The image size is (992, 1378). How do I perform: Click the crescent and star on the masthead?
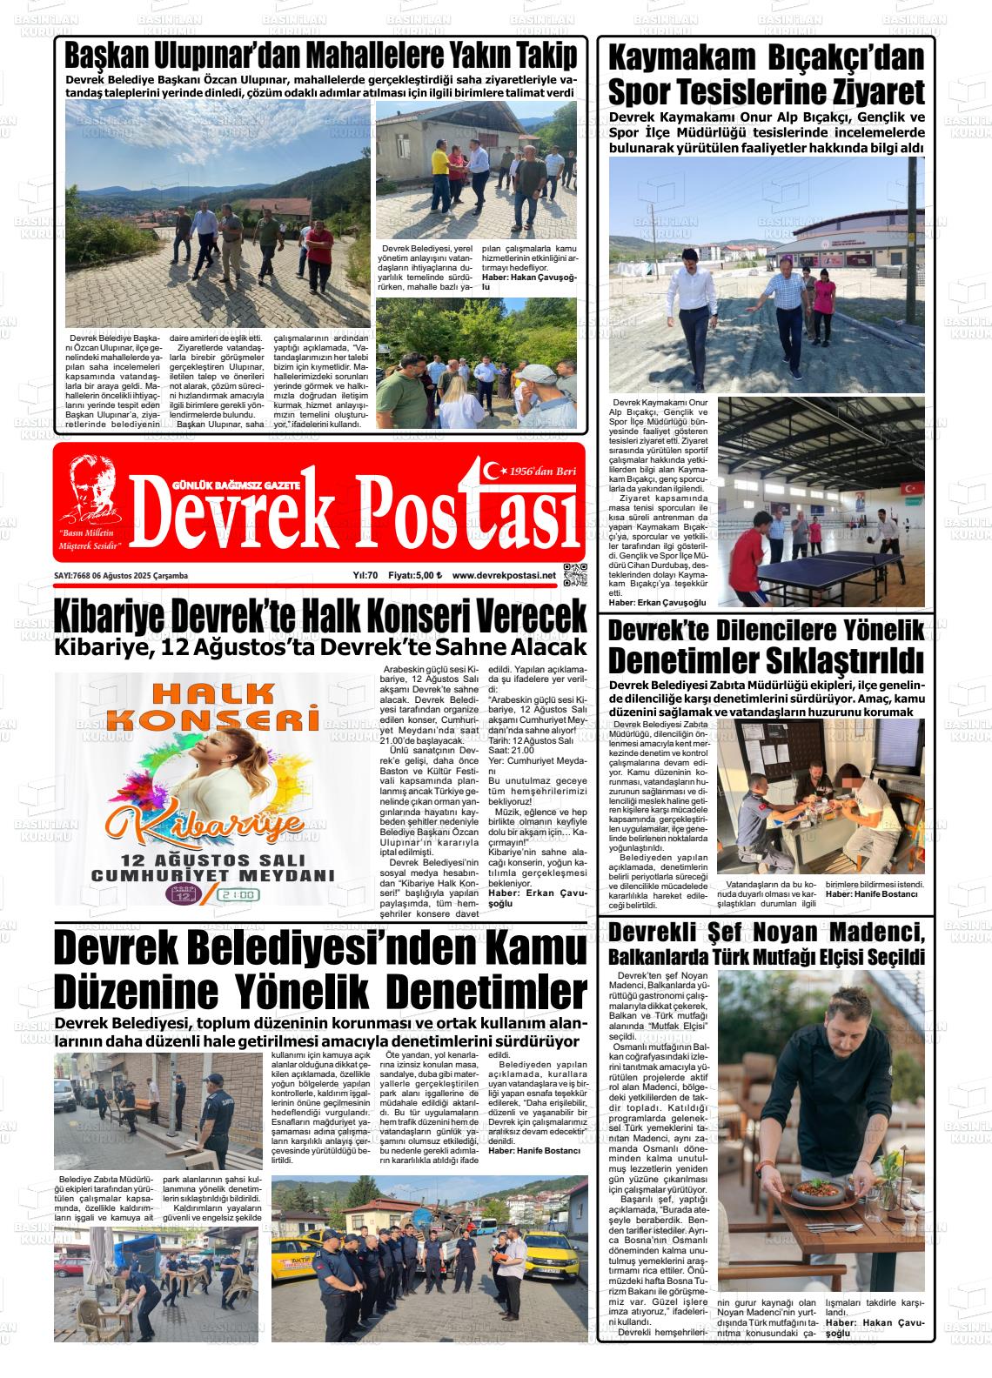495,471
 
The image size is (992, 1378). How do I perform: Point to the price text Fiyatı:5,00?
414,575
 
